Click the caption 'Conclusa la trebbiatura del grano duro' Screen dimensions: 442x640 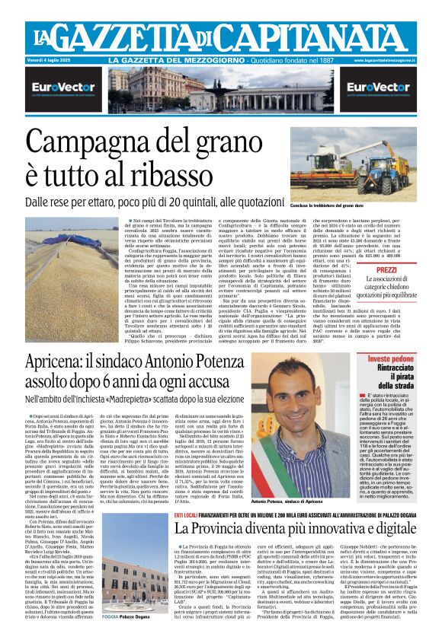click(x=310, y=206)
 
